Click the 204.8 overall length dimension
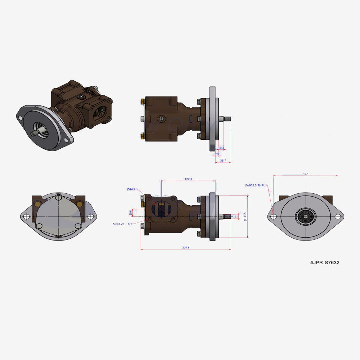pyautogui.click(x=185, y=247)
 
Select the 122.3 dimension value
pyautogui.click(x=188, y=179)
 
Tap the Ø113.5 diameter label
pyautogui.click(x=245, y=216)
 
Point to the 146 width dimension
pyautogui.click(x=305, y=174)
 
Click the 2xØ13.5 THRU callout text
pyautogui.click(x=255, y=185)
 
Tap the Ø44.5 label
pyautogui.click(x=131, y=189)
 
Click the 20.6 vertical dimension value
pyautogui.click(x=131, y=213)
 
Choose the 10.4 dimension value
pyautogui.click(x=221, y=148)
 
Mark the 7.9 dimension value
pyautogui.click(x=217, y=154)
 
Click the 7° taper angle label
pyautogui.click(x=236, y=217)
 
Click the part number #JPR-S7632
pyautogui.click(x=324, y=262)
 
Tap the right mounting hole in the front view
pyautogui.click(x=338, y=217)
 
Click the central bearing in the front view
pyautogui.click(x=306, y=217)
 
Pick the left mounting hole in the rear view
pyautogui.click(x=27, y=216)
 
